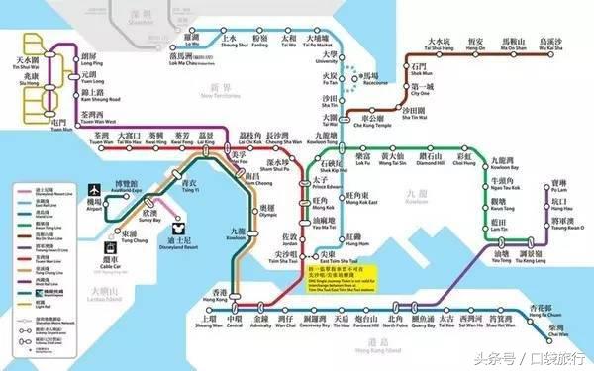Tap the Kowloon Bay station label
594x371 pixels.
(508, 160)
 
